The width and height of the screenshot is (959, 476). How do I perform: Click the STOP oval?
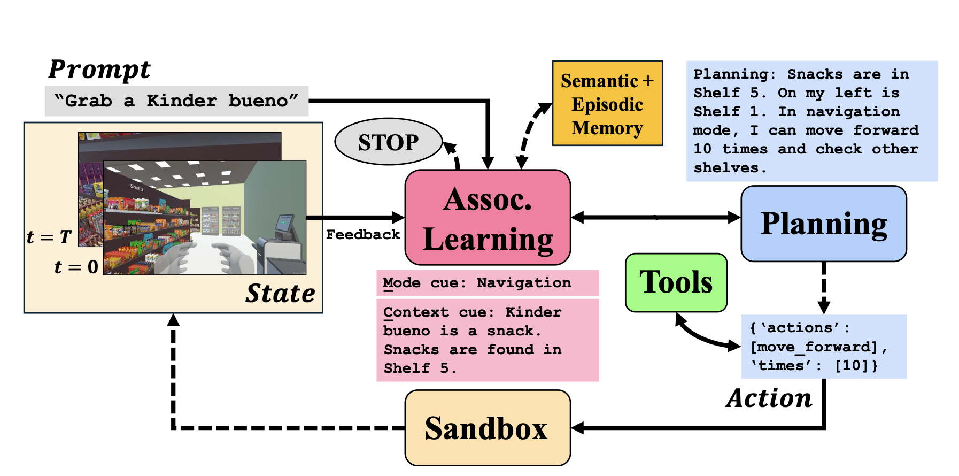(389, 142)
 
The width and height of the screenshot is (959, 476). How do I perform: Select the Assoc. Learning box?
(488, 218)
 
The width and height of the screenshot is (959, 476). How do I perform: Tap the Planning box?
(823, 224)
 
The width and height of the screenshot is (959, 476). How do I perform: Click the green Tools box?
(676, 282)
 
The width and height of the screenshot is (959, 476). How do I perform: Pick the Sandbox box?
(487, 428)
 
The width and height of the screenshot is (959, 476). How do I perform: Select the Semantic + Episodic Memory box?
(607, 103)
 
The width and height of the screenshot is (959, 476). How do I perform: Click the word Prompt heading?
(99, 70)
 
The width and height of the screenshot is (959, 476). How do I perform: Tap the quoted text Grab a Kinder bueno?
(176, 101)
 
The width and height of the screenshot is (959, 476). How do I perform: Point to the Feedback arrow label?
(362, 234)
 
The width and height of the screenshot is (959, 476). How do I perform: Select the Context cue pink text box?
(487, 340)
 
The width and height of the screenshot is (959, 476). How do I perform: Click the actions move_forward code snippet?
(823, 347)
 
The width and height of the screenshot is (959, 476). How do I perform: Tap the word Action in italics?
(769, 398)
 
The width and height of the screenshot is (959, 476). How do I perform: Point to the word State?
(280, 293)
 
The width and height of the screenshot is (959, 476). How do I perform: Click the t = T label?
(49, 236)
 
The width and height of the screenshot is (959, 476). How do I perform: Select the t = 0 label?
(76, 266)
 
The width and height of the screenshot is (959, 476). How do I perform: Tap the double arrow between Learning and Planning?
(655, 217)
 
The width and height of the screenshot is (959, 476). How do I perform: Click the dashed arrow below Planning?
(824, 287)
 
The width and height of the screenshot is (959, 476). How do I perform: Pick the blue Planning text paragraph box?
(811, 121)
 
